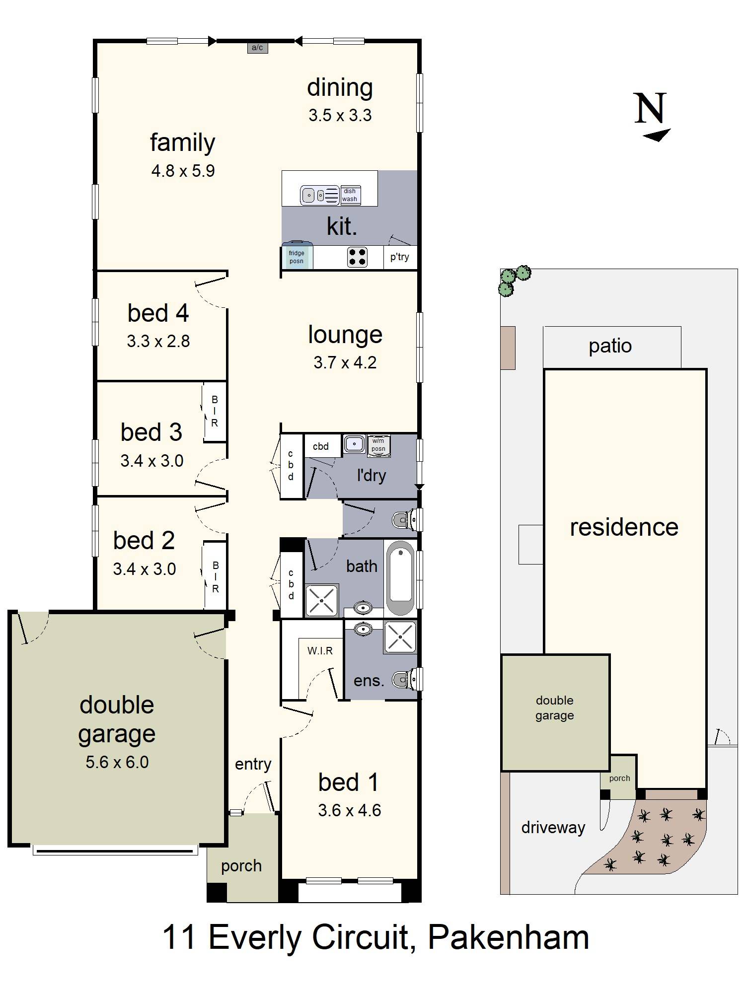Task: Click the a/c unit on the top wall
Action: pyautogui.click(x=257, y=48)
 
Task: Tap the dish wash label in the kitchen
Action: pyautogui.click(x=350, y=195)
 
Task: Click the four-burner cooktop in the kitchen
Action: pyautogui.click(x=357, y=257)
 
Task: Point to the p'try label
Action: pyautogui.click(x=400, y=257)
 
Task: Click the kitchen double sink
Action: pyautogui.click(x=314, y=195)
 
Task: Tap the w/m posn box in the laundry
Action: pyautogui.click(x=378, y=445)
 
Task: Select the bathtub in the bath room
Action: pyautogui.click(x=400, y=578)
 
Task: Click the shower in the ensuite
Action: pyautogui.click(x=400, y=637)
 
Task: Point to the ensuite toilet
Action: pyautogui.click(x=405, y=679)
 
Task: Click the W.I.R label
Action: pyautogui.click(x=320, y=650)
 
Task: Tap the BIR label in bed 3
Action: pyautogui.click(x=215, y=411)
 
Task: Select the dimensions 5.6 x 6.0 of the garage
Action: pyautogui.click(x=117, y=762)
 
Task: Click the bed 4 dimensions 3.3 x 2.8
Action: pyautogui.click(x=158, y=341)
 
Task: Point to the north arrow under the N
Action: pyautogui.click(x=657, y=135)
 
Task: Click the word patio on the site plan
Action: pyautogui.click(x=610, y=347)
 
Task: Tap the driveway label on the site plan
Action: pyautogui.click(x=553, y=828)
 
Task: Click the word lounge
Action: pyautogui.click(x=345, y=335)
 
